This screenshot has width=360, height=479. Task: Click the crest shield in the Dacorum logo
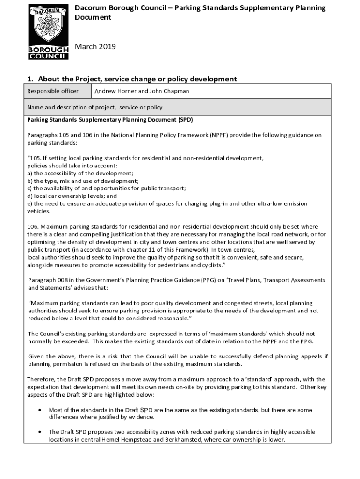tap(48, 26)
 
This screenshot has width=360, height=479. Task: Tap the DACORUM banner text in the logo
tap(48, 11)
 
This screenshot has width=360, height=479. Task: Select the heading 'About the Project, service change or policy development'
tap(137, 79)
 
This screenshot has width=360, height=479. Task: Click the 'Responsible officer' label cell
tap(52, 91)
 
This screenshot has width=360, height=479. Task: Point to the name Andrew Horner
tap(115, 91)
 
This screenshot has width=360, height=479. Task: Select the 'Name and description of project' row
tap(95, 107)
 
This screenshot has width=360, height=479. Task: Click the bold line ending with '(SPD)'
tap(110, 120)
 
